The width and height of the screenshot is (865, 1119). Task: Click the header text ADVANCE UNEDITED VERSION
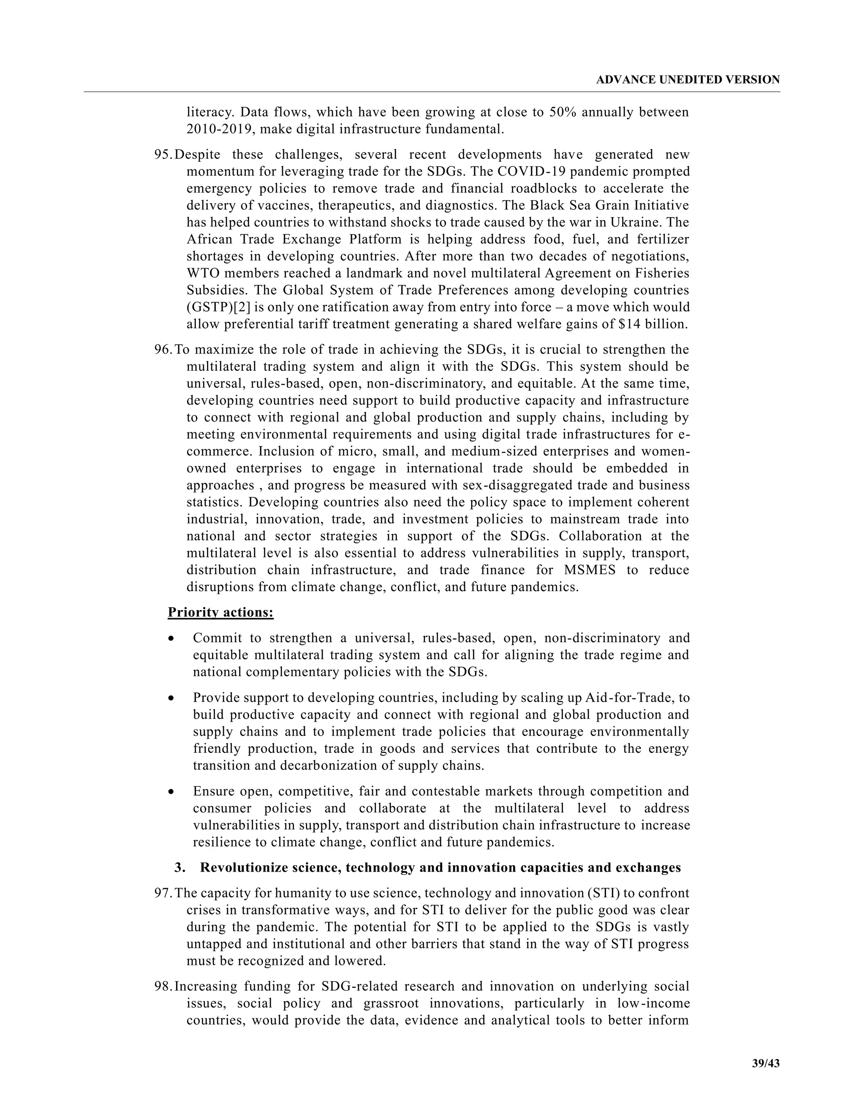[688, 79]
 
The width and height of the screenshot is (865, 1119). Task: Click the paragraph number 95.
[163, 155]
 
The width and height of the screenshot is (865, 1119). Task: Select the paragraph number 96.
[163, 350]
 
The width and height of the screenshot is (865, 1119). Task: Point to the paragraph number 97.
[163, 893]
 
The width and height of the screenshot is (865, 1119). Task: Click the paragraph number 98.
[163, 986]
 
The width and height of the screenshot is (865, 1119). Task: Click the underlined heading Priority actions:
[220, 612]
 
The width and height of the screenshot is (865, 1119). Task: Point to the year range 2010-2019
[220, 129]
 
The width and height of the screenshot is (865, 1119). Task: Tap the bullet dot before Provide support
[171, 698]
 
